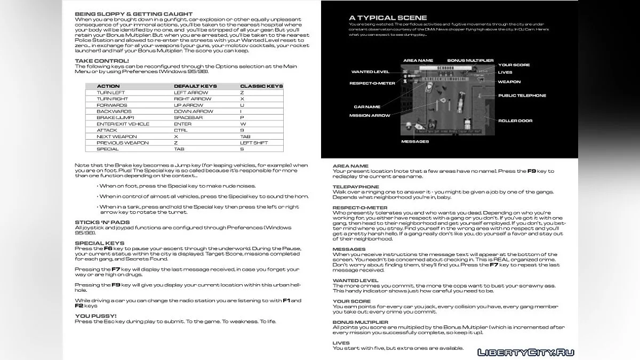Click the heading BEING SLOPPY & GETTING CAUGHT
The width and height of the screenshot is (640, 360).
(133, 13)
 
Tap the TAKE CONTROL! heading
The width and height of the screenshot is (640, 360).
(101, 61)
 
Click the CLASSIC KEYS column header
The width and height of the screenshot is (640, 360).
(261, 86)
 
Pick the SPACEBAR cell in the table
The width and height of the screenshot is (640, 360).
(186, 117)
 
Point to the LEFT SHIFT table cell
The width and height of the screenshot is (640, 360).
(254, 142)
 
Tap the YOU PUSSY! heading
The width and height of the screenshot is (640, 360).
(95, 316)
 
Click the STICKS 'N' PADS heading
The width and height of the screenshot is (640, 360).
(102, 222)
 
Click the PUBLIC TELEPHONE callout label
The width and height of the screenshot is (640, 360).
(522, 95)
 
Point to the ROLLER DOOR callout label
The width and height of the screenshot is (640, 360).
(515, 121)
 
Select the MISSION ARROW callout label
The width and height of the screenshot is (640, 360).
(370, 115)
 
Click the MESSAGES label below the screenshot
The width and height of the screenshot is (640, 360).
(415, 141)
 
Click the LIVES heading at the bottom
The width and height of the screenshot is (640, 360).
(341, 343)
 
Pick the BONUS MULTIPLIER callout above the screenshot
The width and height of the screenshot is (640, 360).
(470, 61)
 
